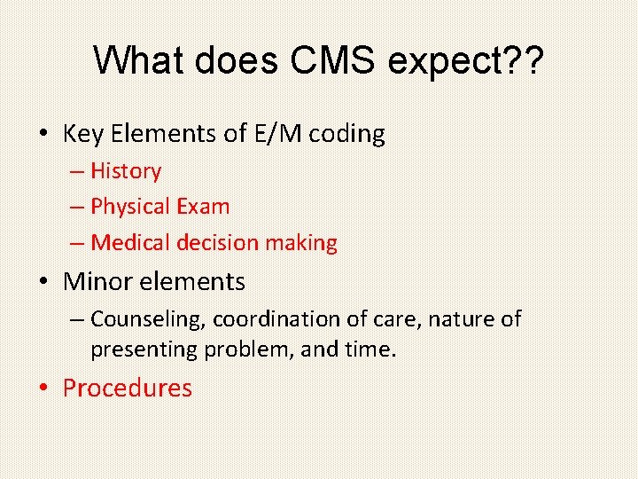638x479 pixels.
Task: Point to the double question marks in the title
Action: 524,60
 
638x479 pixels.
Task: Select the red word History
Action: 126,171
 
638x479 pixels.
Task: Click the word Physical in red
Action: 130,207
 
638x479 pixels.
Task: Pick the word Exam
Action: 203,207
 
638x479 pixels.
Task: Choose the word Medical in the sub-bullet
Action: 131,242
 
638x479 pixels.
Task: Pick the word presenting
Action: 144,349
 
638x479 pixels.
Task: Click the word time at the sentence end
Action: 367,349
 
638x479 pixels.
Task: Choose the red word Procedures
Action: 127,389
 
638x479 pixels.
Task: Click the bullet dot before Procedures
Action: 43,389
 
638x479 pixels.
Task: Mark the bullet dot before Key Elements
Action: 43,135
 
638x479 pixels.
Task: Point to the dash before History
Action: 77,172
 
